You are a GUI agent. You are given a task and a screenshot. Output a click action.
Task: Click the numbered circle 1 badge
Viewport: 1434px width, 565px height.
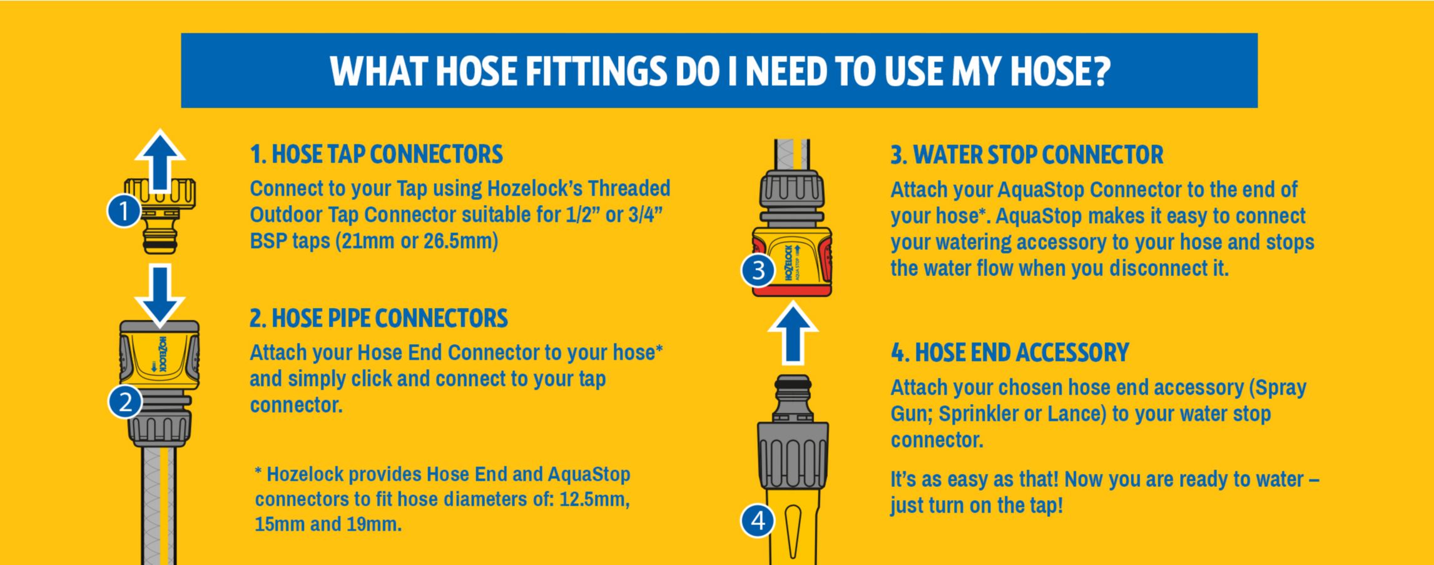(124, 211)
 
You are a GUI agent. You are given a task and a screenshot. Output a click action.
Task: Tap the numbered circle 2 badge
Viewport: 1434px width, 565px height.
(126, 402)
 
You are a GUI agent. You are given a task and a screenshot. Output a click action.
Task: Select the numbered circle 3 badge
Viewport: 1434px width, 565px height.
(758, 270)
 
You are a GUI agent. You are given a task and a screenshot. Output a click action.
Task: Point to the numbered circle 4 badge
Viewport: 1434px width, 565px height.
(758, 520)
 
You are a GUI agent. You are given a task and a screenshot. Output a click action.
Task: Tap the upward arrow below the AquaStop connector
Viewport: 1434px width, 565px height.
(792, 334)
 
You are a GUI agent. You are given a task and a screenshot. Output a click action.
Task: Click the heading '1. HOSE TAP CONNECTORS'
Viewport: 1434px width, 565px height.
(376, 154)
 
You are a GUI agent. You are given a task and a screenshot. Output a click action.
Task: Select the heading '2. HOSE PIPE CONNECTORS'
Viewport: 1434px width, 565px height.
(379, 318)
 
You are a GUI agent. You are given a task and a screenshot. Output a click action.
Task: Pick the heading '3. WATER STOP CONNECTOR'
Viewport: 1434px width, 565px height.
(1027, 155)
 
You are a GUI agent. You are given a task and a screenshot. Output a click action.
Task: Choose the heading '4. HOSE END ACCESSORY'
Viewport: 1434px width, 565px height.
(1009, 352)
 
